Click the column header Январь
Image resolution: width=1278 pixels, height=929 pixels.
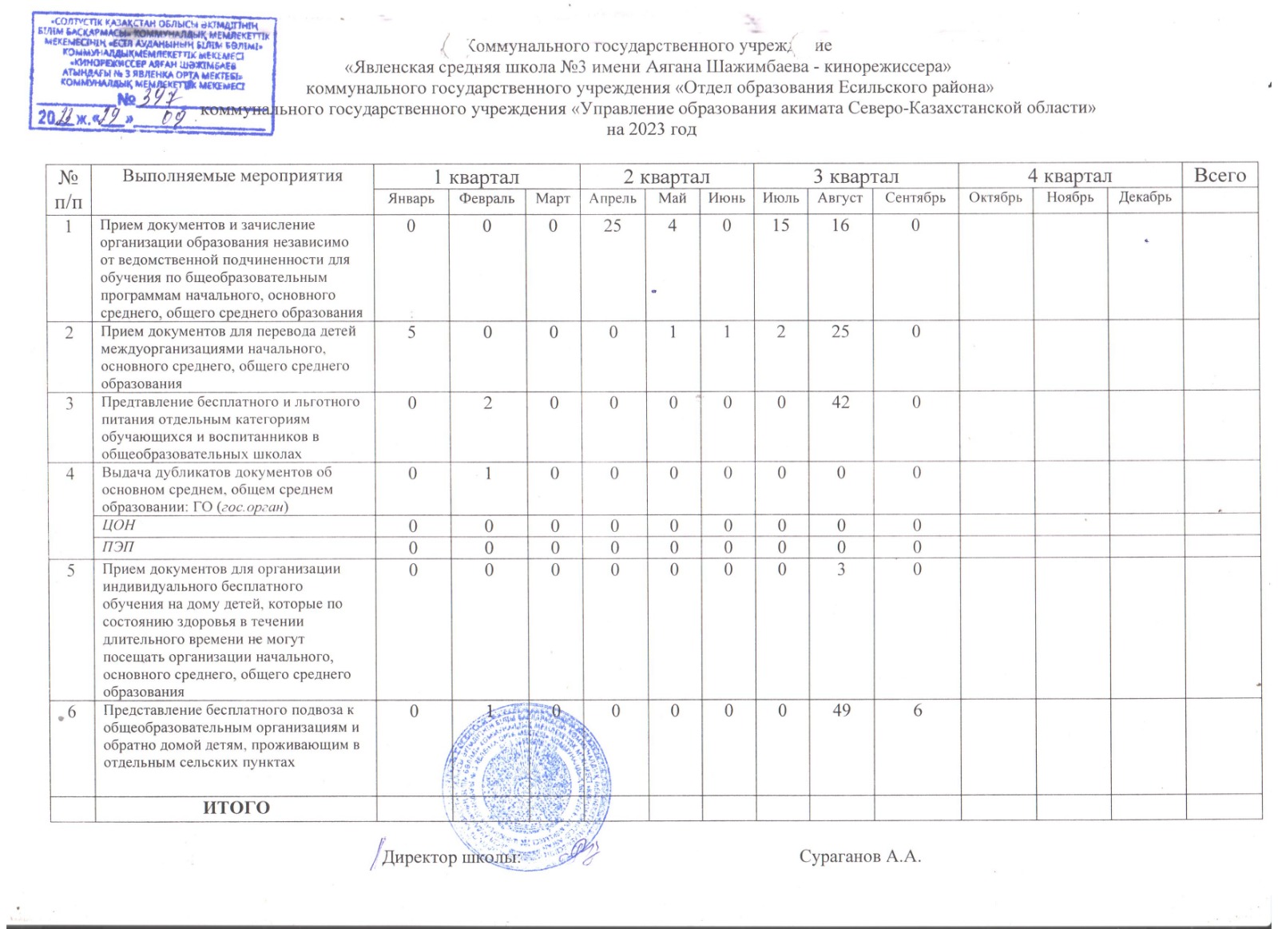411,199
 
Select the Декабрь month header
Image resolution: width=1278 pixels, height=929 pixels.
1145,197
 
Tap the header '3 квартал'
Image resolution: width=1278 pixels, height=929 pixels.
855,177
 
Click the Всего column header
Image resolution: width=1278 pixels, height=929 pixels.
1220,176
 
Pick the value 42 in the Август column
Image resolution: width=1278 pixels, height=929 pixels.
840,403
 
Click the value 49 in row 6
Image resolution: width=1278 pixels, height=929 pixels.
841,710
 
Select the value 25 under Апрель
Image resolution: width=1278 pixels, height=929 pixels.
613,226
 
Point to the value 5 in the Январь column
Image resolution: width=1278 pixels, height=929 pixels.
411,332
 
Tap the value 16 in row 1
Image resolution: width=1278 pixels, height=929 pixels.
840,226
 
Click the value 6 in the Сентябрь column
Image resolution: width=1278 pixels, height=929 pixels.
918,710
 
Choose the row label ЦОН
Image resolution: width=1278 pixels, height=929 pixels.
119,525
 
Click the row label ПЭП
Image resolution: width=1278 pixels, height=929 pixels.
118,547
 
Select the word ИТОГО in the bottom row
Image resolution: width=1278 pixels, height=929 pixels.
236,808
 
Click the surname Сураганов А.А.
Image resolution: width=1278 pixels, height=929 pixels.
860,856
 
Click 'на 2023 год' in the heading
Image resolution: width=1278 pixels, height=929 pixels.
651,129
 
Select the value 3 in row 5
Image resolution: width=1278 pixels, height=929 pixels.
841,570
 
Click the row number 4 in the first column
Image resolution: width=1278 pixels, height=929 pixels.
70,474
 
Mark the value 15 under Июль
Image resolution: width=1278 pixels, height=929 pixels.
780,226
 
